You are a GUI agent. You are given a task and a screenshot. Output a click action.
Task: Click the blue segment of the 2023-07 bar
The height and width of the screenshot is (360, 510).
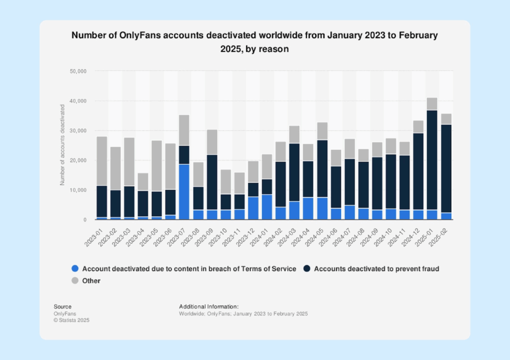click(184, 192)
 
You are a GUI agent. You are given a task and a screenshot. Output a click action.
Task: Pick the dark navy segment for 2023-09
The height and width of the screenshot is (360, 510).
click(212, 182)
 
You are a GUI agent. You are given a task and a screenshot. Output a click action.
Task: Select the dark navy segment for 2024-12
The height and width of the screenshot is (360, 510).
click(418, 171)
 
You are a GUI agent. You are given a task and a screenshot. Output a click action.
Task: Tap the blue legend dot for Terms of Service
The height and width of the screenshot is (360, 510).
click(75, 269)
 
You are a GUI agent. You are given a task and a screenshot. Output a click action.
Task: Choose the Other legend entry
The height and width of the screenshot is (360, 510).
click(91, 281)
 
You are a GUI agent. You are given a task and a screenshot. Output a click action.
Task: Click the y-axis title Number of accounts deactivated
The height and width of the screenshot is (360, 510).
click(63, 145)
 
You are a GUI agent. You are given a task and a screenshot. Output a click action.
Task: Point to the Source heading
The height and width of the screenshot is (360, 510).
click(62, 306)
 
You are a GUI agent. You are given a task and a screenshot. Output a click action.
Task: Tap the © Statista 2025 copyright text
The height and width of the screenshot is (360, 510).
click(72, 320)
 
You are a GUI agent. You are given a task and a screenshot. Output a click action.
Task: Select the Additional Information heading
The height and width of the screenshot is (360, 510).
click(209, 306)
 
